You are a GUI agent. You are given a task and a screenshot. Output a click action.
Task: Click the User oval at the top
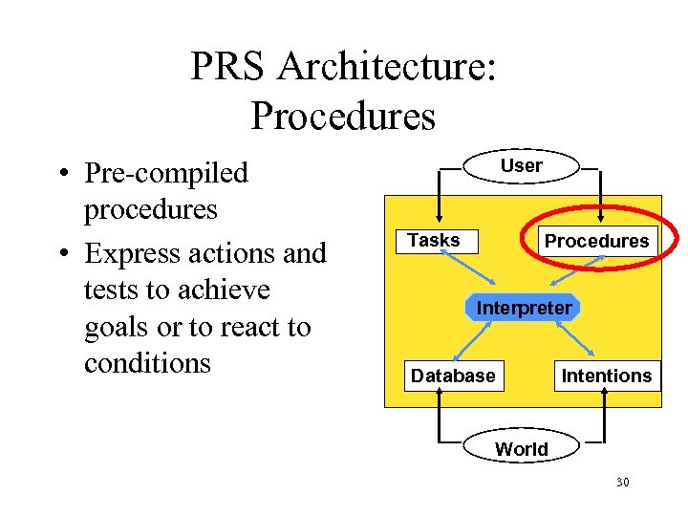pos(521,165)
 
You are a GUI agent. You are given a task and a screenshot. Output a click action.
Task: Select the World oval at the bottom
pos(521,449)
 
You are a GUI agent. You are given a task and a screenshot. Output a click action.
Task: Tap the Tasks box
pos(435,241)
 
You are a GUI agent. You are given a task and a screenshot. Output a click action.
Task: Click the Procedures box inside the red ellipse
pos(596,241)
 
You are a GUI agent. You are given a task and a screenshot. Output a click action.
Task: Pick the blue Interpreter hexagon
pos(524,308)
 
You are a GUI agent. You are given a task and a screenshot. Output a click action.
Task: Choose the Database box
pos(453,376)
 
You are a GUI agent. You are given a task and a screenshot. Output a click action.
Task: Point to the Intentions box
pos(606,376)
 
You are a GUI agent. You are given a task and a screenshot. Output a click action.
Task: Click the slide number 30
pos(622,483)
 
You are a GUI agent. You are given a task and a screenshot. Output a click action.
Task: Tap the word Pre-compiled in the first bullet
pos(166,173)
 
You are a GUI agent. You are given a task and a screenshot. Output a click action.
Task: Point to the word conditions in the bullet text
pos(147,363)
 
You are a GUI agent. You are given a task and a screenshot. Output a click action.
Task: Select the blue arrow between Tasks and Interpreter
pos(467,268)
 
